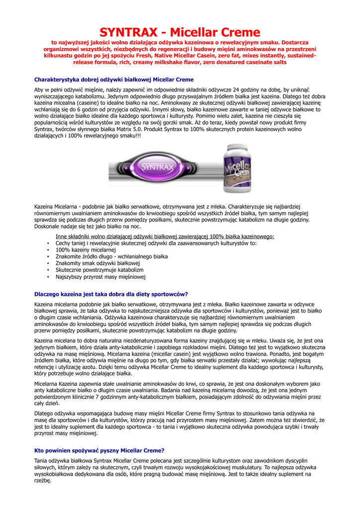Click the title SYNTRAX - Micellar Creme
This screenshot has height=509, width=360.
(180, 33)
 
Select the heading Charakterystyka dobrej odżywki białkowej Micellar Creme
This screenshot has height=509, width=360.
(114, 80)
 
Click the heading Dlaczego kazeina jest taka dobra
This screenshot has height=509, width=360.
(111, 294)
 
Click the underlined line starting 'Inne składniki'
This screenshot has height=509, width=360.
(165, 237)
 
